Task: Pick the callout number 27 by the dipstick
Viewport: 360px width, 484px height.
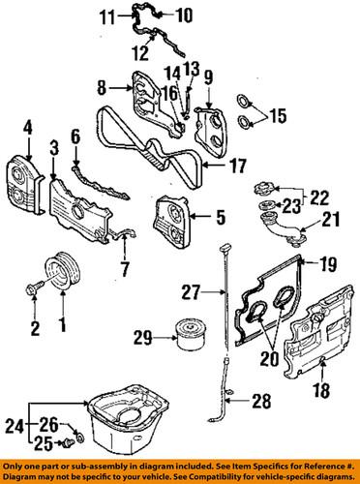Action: click(192, 287)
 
